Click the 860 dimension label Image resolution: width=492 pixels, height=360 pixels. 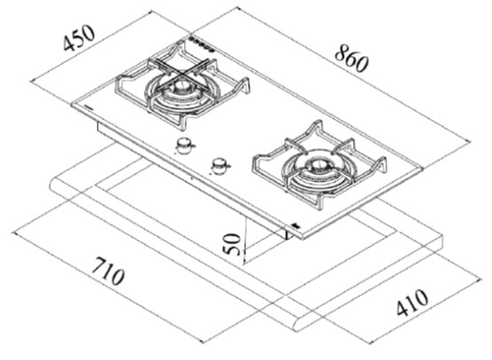[x=351, y=59]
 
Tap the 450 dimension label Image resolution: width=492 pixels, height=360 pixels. [x=78, y=38]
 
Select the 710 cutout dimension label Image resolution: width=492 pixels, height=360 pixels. [x=107, y=271]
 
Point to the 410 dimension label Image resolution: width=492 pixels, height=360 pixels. [x=412, y=302]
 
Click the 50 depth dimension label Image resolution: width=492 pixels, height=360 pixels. [x=232, y=244]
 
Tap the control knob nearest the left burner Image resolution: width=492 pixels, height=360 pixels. [x=184, y=146]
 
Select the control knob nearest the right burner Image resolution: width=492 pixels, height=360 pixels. [x=219, y=165]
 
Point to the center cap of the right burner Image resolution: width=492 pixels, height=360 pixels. [x=315, y=164]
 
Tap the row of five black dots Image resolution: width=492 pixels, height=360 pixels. [x=201, y=44]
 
